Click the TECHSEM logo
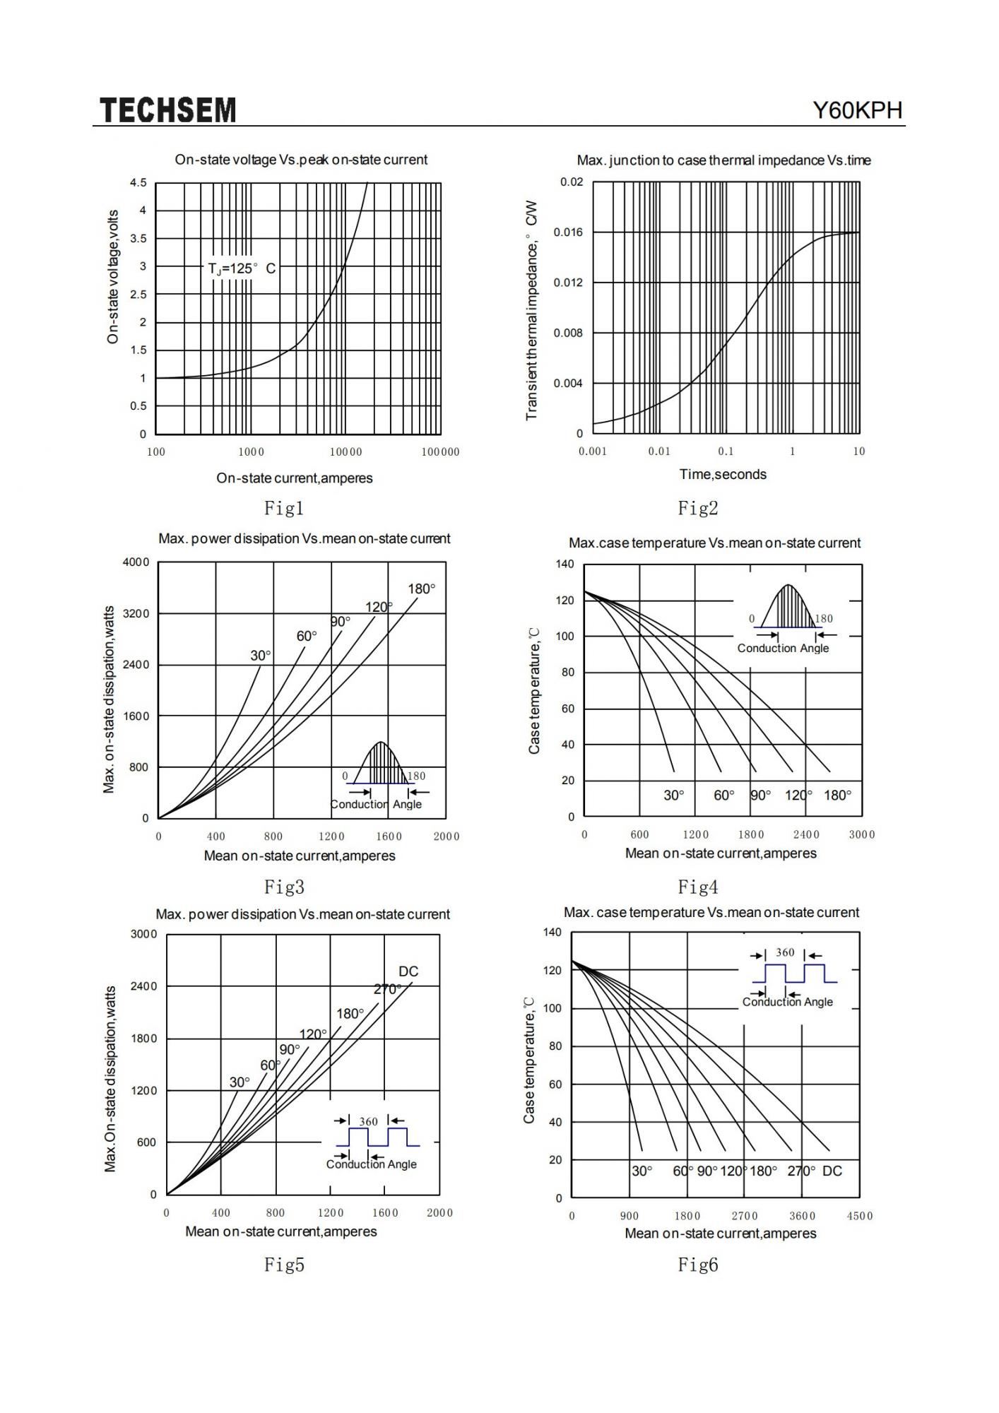[167, 110]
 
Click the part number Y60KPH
[858, 110]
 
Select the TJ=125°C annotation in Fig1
[242, 268]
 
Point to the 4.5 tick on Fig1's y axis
[138, 183]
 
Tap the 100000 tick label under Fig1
[440, 452]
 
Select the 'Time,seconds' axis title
[723, 474]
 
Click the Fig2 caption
[698, 507]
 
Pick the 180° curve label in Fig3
[422, 589]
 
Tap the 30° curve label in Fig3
[261, 656]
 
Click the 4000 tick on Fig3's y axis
[136, 562]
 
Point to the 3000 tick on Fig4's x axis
[862, 834]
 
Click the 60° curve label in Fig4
[724, 796]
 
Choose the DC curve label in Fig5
[408, 971]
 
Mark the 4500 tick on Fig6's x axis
[860, 1216]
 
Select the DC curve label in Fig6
[832, 1171]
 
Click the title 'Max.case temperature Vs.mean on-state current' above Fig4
[715, 543]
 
